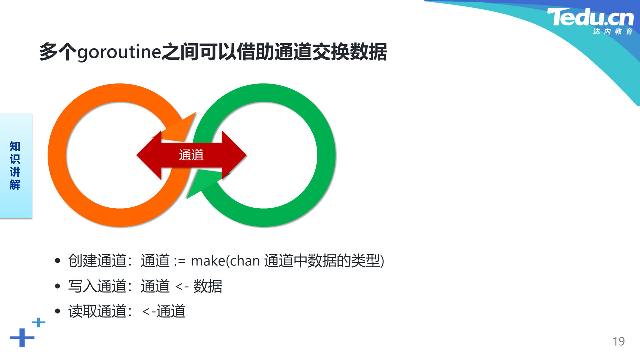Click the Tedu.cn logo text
[x=590, y=17]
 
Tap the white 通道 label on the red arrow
[x=191, y=155]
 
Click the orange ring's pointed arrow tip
[x=196, y=113]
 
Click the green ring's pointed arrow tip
[x=187, y=199]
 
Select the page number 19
[x=619, y=341]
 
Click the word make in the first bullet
[x=208, y=261]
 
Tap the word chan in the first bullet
[x=245, y=261]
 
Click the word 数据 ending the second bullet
[x=208, y=286]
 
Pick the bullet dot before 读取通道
[x=58, y=311]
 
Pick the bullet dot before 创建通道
[x=58, y=261]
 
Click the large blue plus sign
[x=22, y=338]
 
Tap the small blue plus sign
[x=38, y=322]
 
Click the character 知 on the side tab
[x=15, y=146]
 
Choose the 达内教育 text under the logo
[x=613, y=31]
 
